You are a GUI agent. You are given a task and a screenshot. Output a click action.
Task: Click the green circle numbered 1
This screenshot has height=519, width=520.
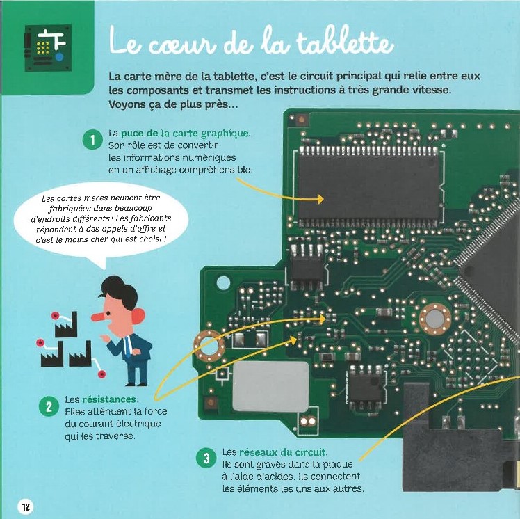pyautogui.click(x=92, y=141)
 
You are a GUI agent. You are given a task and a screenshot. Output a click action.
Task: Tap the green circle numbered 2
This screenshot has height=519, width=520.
pyautogui.click(x=49, y=406)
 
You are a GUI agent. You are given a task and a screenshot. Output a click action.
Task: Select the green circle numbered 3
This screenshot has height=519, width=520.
pyautogui.click(x=206, y=458)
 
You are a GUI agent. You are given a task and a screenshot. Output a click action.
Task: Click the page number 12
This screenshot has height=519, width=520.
pyautogui.click(x=26, y=506)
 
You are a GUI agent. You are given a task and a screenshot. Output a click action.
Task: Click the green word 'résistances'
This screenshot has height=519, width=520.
pyautogui.click(x=109, y=399)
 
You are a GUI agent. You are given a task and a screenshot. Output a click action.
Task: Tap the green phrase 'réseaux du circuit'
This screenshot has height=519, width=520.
pyautogui.click(x=282, y=452)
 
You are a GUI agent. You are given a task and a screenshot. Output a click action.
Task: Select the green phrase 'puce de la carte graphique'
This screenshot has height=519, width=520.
pyautogui.click(x=185, y=134)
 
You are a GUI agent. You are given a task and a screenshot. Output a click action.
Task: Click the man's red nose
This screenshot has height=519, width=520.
pyautogui.click(x=99, y=317)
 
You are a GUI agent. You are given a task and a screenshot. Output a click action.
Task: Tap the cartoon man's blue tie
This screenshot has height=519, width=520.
pyautogui.click(x=128, y=346)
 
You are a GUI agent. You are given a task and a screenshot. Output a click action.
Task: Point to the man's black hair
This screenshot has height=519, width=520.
pyautogui.click(x=120, y=292)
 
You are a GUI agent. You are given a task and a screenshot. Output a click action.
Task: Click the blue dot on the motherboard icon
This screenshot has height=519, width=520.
pyautogui.click(x=59, y=57)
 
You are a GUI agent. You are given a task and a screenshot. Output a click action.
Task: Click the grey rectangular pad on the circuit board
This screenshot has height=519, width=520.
pyautogui.click(x=270, y=386)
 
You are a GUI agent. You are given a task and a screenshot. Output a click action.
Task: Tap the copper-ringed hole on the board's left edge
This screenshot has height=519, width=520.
pyautogui.click(x=209, y=346)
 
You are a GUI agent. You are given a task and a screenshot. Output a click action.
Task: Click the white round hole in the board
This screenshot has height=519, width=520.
pyautogui.click(x=223, y=282)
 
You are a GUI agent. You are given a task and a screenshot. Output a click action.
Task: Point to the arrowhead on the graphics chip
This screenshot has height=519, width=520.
pyautogui.click(x=320, y=199)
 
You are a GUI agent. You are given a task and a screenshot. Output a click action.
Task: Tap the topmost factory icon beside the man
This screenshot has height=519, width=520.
pyautogui.click(x=65, y=324)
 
